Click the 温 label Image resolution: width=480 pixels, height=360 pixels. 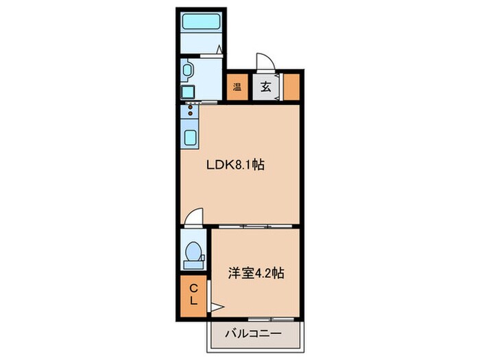[x=237, y=87]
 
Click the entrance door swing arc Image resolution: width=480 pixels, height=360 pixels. [x=266, y=60]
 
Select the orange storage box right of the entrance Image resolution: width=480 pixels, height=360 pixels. [x=291, y=86]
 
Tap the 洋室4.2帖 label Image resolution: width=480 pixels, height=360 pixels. [x=256, y=273]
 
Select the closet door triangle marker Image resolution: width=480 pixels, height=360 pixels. [x=216, y=307]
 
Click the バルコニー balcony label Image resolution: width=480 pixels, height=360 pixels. [x=254, y=335]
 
